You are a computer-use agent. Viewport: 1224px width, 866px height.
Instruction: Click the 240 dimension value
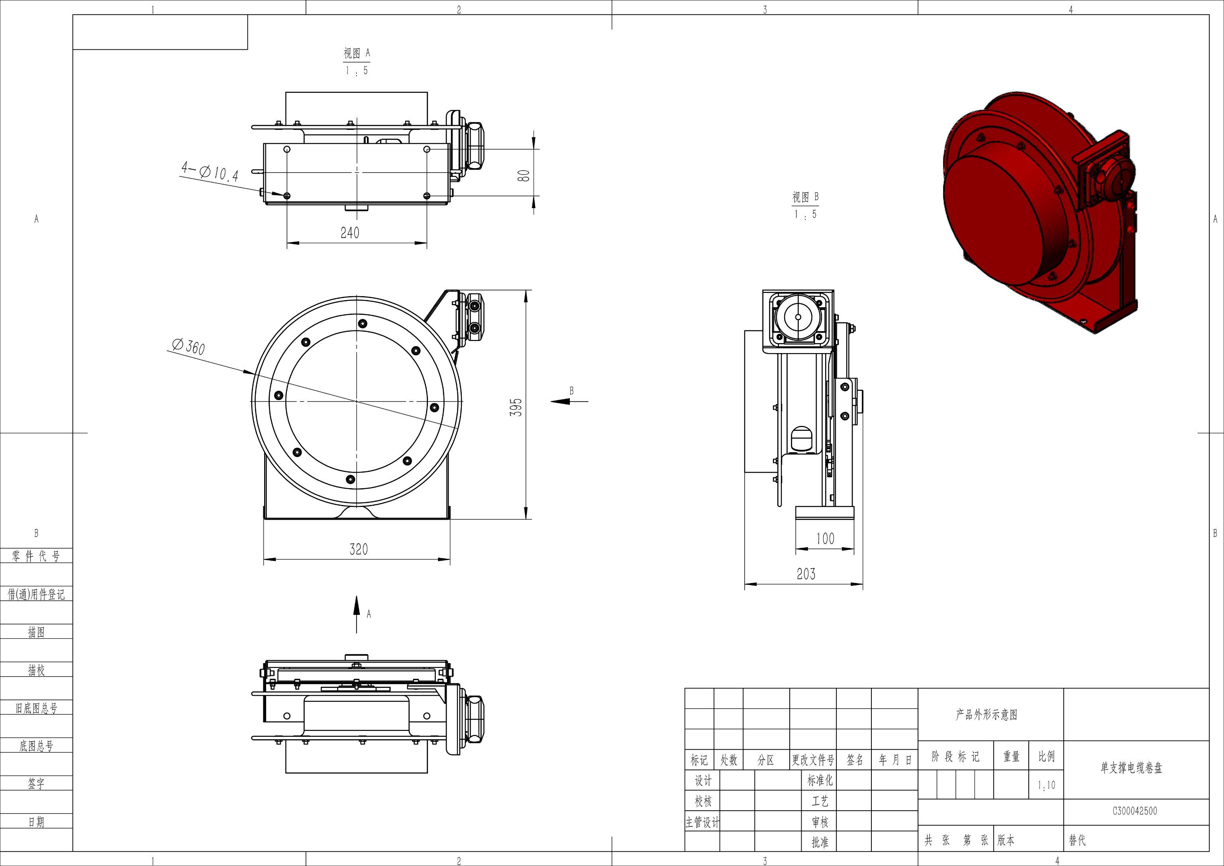pyautogui.click(x=350, y=232)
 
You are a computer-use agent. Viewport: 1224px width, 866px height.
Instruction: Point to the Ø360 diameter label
pyautogui.click(x=188, y=347)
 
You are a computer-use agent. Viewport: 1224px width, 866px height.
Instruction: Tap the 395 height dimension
pyautogui.click(x=516, y=407)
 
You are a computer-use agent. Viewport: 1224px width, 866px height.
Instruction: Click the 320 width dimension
pyautogui.click(x=358, y=549)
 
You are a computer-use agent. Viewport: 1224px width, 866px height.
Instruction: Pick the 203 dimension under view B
pyautogui.click(x=806, y=574)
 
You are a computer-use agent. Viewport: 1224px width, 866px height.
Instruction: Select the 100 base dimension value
pyautogui.click(x=825, y=538)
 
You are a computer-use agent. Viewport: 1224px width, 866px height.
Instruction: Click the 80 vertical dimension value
pyautogui.click(x=524, y=175)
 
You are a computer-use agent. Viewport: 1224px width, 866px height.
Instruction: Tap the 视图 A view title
pyautogui.click(x=357, y=53)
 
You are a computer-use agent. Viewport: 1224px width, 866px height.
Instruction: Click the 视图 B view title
pyautogui.click(x=805, y=197)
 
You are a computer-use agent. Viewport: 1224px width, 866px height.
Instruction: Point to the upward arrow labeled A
pyautogui.click(x=357, y=613)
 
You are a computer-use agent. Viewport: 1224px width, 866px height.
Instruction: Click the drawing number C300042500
pyautogui.click(x=1134, y=811)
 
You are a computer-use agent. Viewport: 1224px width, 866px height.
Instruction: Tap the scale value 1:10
pyautogui.click(x=1046, y=785)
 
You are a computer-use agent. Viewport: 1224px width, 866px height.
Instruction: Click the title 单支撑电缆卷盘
pyautogui.click(x=1131, y=768)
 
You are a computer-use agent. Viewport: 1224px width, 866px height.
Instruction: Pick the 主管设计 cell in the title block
pyautogui.click(x=702, y=823)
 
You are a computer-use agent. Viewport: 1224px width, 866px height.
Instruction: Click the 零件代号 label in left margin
pyautogui.click(x=36, y=556)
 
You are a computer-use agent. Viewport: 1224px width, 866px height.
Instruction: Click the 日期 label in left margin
pyautogui.click(x=36, y=822)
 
